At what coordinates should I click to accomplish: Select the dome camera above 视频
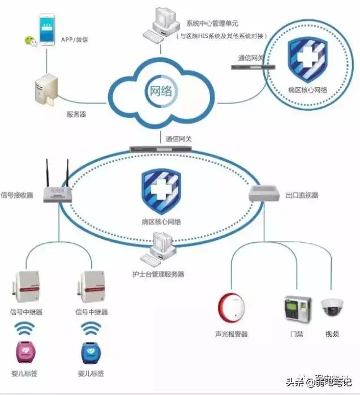pos(331,307)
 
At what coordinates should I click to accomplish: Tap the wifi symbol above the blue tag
pos(91,328)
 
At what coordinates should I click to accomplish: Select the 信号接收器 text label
pos(17,195)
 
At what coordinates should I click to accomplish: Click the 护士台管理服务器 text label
pos(158,274)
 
